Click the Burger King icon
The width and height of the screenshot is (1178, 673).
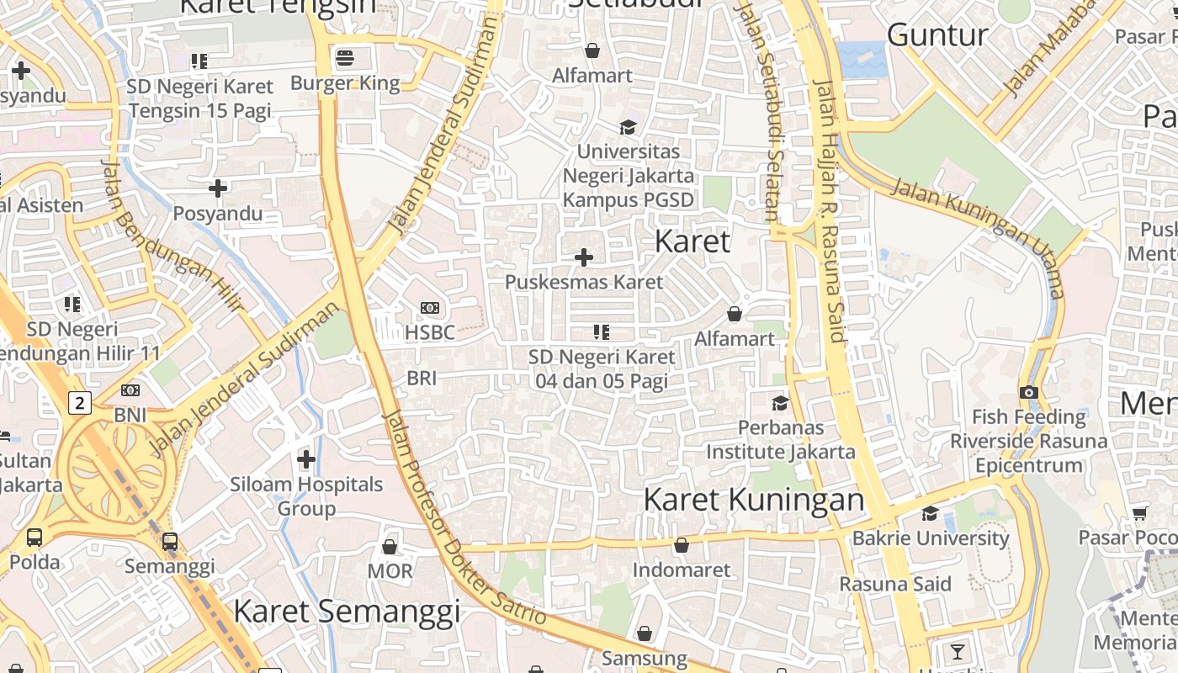pyautogui.click(x=344, y=58)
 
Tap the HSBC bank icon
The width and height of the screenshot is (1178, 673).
pyautogui.click(x=430, y=308)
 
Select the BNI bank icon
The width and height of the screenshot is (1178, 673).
pyautogui.click(x=130, y=390)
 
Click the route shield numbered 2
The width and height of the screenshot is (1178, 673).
pyautogui.click(x=79, y=403)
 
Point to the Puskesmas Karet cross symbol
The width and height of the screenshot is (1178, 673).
pyautogui.click(x=583, y=257)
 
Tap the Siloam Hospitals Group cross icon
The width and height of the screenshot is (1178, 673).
pyautogui.click(x=306, y=459)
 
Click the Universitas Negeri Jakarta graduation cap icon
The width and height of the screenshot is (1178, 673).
pyautogui.click(x=628, y=127)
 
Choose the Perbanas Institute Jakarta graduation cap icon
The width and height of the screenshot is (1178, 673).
pyautogui.click(x=780, y=403)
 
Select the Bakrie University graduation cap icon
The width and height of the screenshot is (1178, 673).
pyautogui.click(x=930, y=513)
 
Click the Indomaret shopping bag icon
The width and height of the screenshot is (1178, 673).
pyautogui.click(x=681, y=545)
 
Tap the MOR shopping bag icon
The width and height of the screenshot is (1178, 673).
pyautogui.click(x=390, y=547)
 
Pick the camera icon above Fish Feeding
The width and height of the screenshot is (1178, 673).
pyautogui.click(x=1028, y=392)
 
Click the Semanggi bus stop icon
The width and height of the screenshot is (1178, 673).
pyautogui.click(x=170, y=541)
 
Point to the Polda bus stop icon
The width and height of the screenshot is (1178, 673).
pyautogui.click(x=34, y=537)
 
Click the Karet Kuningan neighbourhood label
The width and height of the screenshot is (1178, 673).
pyautogui.click(x=753, y=500)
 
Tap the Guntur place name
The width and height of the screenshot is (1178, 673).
pyautogui.click(x=937, y=35)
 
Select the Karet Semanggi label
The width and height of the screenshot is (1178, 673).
pyautogui.click(x=347, y=612)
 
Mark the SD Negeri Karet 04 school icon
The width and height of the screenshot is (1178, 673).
pyautogui.click(x=601, y=332)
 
